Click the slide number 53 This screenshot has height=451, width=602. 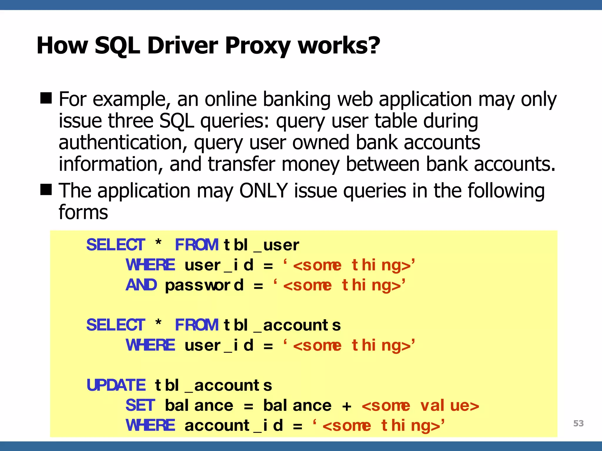pyautogui.click(x=578, y=423)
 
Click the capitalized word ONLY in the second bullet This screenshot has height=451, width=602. pyautogui.click(x=263, y=191)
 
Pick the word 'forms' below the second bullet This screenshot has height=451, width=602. pyautogui.click(x=83, y=212)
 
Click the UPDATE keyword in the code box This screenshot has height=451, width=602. pyautogui.click(x=116, y=385)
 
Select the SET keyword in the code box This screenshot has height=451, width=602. pyautogui.click(x=140, y=405)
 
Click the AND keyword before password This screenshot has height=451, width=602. pyautogui.click(x=141, y=285)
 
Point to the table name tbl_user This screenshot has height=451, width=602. pyautogui.click(x=261, y=245)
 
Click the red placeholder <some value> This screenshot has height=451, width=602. pyautogui.click(x=420, y=406)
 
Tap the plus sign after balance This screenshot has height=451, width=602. pyautogui.click(x=347, y=406)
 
